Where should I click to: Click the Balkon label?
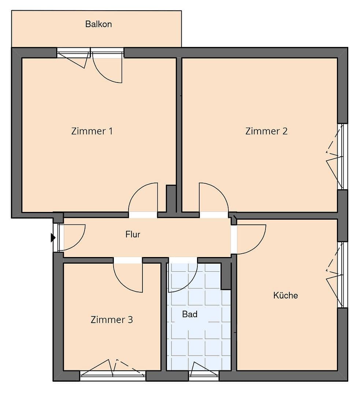(99, 24)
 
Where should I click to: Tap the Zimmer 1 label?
(92, 131)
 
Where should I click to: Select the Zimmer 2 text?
(266, 131)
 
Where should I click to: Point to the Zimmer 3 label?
(111, 320)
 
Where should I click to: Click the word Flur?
(133, 234)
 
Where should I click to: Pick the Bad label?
(190, 314)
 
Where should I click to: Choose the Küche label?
(286, 295)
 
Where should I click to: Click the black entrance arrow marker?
(53, 238)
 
